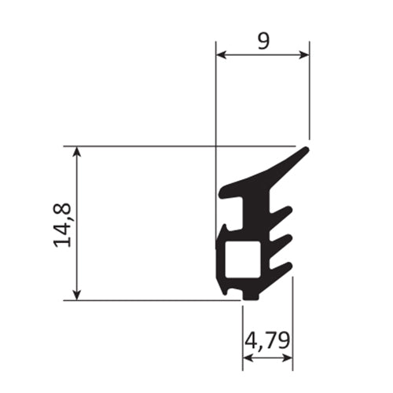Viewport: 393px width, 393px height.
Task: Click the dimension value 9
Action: (x=263, y=41)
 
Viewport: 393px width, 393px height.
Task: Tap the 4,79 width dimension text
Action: (x=266, y=341)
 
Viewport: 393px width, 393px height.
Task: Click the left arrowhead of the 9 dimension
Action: (x=221, y=55)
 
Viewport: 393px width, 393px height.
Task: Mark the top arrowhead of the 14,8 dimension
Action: (x=76, y=151)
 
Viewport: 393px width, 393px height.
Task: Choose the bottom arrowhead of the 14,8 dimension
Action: (x=76, y=294)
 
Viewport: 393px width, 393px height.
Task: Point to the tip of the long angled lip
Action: (x=307, y=149)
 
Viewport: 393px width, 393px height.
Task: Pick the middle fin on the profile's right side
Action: (x=284, y=238)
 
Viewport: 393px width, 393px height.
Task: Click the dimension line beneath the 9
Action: (x=263, y=55)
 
